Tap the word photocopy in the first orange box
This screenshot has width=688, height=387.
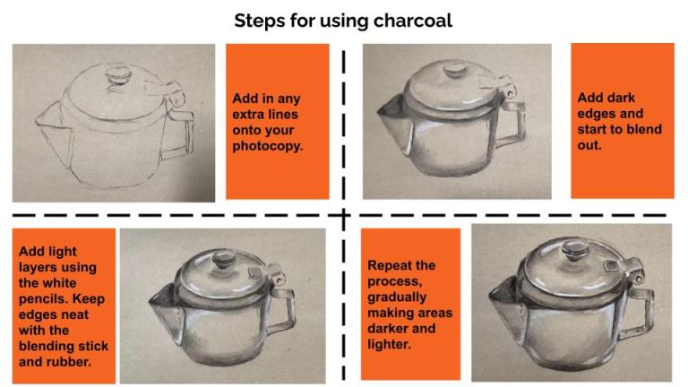pyautogui.click(x=267, y=146)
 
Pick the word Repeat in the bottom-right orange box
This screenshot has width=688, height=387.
pyautogui.click(x=391, y=265)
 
